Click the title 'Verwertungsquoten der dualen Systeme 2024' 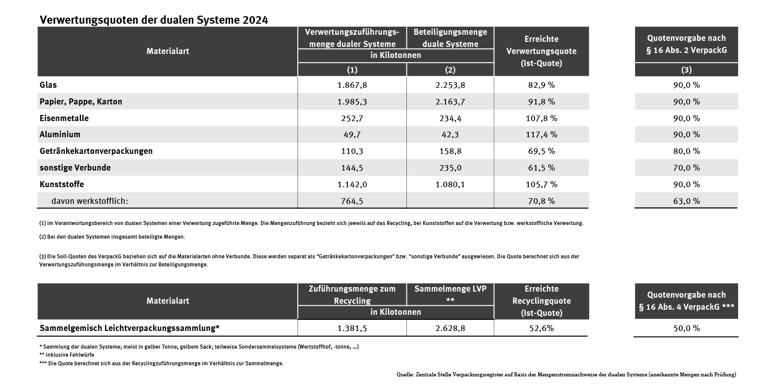coord(154,20)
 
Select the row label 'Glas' coord(48,85)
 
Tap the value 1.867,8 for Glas coord(352,85)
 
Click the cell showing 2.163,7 coord(450,101)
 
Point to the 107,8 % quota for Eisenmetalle coord(541,118)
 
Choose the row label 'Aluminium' coord(60,135)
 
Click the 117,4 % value coord(541,135)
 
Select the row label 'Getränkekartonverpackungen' coord(96,151)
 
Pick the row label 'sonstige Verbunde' coord(75,167)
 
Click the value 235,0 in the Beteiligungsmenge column coord(450,167)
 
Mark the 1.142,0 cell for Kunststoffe coord(352,184)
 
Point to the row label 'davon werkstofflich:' coord(90,201)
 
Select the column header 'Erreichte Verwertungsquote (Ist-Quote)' coord(541,51)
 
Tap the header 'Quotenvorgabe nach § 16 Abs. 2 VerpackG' coord(686,44)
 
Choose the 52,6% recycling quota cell coord(541,328)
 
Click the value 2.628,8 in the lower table coord(450,328)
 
